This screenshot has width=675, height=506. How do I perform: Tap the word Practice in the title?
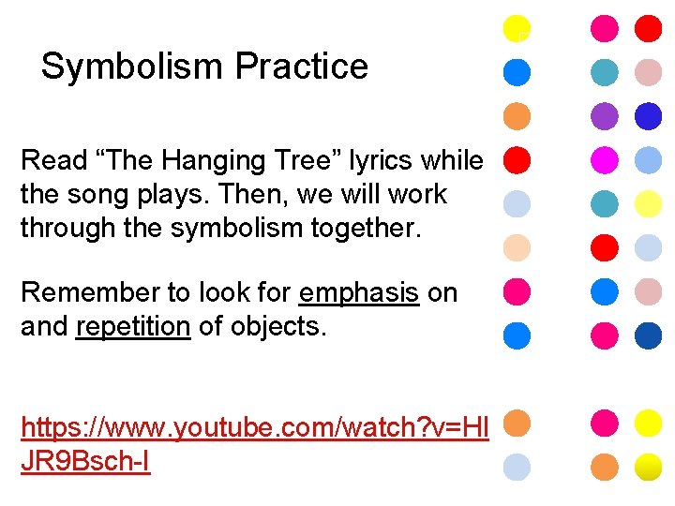(302, 67)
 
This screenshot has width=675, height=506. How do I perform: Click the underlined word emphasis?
(359, 292)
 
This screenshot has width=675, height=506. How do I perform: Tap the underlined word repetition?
(133, 327)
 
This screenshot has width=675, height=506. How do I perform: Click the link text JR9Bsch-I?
(85, 462)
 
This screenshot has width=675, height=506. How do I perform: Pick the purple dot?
(605, 115)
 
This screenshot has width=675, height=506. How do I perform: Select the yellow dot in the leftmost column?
(517, 28)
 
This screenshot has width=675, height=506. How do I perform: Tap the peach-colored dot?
(517, 248)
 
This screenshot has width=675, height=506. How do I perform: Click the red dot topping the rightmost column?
(648, 28)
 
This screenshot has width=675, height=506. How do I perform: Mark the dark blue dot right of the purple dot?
(648, 115)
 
